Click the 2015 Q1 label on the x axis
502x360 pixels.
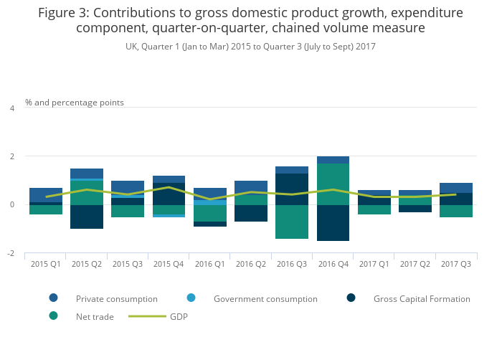[45, 264]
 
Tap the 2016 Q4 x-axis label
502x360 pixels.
[333, 264]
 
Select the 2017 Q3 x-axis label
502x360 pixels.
[456, 264]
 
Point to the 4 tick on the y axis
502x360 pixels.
[11, 108]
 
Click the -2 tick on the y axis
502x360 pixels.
[11, 254]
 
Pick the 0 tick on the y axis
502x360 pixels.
[11, 205]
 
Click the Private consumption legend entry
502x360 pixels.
[116, 298]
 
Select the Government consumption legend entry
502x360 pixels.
[265, 298]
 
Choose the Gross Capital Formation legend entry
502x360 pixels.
[421, 298]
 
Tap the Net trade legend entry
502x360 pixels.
[94, 316]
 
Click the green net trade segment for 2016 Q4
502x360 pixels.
[333, 184]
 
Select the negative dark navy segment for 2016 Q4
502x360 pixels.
[333, 223]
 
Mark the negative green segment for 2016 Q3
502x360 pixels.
[292, 222]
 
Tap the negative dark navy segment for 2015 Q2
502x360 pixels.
[87, 217]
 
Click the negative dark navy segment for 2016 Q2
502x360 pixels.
[251, 213]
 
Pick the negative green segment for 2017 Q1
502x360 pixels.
[374, 209]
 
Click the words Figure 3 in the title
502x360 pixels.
[63, 13]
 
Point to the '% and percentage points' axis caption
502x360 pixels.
[75, 103]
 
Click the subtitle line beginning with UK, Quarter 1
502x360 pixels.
[250, 47]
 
